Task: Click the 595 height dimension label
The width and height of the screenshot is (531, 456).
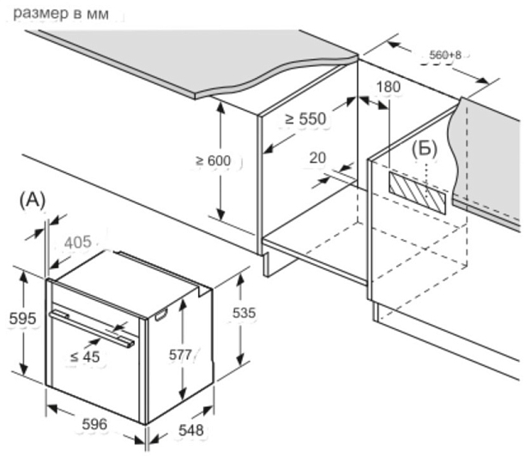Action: (x=22, y=319)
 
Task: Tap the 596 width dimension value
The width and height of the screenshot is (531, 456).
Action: (x=95, y=424)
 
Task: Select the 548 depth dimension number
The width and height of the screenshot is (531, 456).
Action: (x=191, y=430)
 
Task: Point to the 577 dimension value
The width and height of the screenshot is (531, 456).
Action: (x=180, y=355)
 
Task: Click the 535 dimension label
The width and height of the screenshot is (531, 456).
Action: (x=244, y=313)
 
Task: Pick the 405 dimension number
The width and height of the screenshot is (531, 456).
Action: (x=78, y=243)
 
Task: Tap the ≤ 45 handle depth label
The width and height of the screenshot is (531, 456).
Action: (x=85, y=357)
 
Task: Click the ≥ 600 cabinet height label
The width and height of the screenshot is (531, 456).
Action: (x=214, y=160)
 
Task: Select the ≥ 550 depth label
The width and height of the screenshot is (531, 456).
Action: (x=305, y=118)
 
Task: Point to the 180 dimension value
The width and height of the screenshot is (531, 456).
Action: (x=389, y=87)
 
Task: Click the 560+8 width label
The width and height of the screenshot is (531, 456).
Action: (x=445, y=55)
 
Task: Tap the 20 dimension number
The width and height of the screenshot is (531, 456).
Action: (x=317, y=158)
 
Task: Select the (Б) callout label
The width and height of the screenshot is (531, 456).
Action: (x=425, y=149)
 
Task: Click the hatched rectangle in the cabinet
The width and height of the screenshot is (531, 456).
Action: (x=418, y=193)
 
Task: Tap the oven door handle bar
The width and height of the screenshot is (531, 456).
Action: (x=92, y=329)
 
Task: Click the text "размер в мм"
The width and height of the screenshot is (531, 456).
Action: (x=61, y=15)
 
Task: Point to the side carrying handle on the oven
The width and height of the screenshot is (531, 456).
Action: (x=161, y=315)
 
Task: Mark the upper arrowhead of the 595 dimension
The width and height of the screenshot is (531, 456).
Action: (x=23, y=276)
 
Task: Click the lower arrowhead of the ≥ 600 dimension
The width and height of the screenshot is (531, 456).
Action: (x=220, y=213)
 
